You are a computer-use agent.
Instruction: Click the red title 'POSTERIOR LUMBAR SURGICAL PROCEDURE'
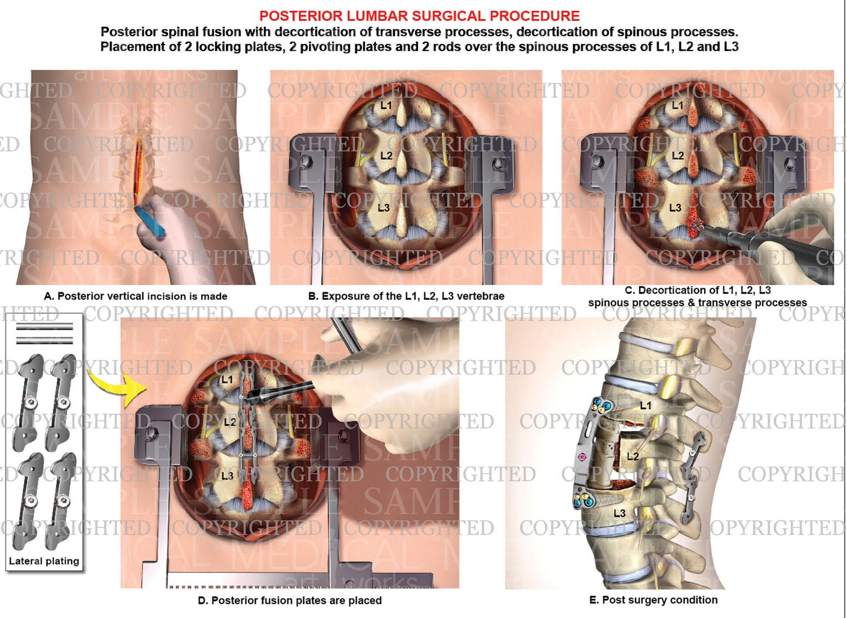pyautogui.click(x=419, y=16)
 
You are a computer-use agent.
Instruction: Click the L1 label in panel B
pyautogui.click(x=386, y=105)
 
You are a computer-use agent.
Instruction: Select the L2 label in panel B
pyautogui.click(x=386, y=156)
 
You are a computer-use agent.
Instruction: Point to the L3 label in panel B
pyautogui.click(x=383, y=208)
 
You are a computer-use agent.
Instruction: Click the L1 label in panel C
pyautogui.click(x=678, y=105)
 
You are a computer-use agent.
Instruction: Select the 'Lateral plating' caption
pyautogui.click(x=44, y=561)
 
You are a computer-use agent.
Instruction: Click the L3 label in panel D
pyautogui.click(x=227, y=476)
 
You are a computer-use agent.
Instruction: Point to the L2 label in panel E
pyautogui.click(x=633, y=456)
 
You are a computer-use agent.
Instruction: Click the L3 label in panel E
pyautogui.click(x=620, y=513)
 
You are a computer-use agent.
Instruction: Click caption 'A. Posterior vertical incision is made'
pyautogui.click(x=135, y=296)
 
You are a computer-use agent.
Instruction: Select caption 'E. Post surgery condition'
pyautogui.click(x=653, y=600)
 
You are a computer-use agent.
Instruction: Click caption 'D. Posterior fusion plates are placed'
pyautogui.click(x=290, y=600)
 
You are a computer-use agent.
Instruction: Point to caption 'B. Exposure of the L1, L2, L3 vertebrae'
pyautogui.click(x=406, y=296)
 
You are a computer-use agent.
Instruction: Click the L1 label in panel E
pyautogui.click(x=645, y=405)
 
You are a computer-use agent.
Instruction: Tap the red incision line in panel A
pyautogui.click(x=138, y=170)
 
